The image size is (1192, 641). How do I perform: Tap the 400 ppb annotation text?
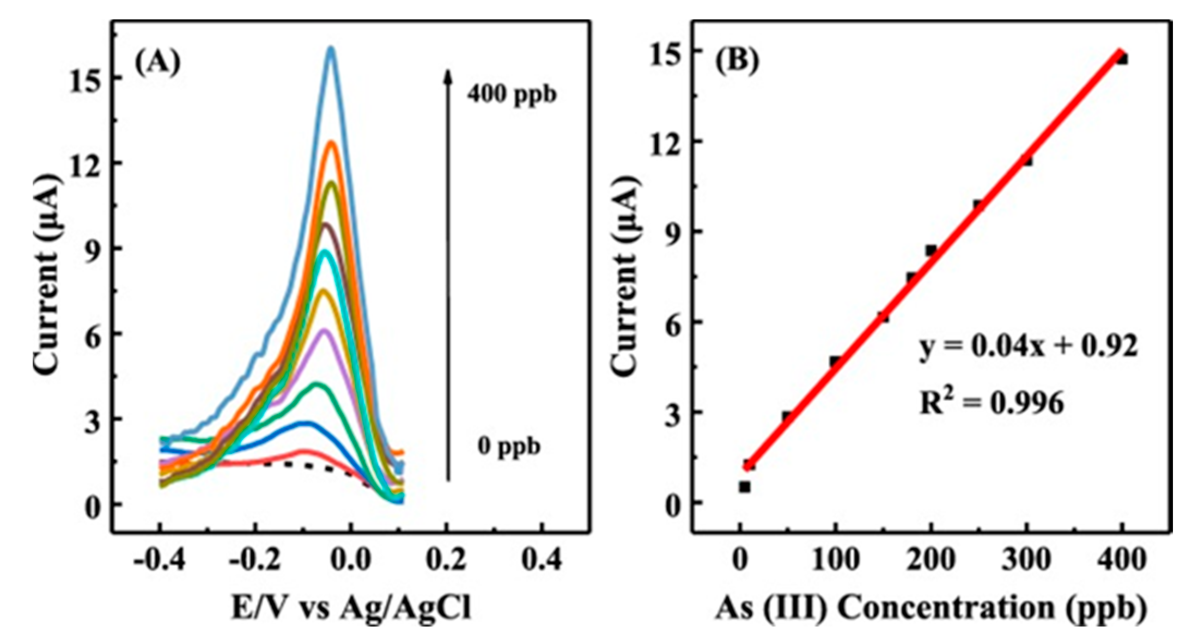point(512,95)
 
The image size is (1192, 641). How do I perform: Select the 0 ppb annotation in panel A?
point(509,447)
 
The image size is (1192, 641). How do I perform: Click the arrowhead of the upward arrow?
point(447,76)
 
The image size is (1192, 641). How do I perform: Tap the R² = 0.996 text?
point(992,404)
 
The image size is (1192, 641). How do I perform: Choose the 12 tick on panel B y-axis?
point(663,142)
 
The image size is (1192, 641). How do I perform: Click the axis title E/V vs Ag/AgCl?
point(351,608)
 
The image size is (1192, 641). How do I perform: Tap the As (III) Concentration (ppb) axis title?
point(931,608)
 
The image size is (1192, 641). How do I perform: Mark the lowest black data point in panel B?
point(745,486)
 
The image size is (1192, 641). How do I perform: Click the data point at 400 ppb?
point(1121,58)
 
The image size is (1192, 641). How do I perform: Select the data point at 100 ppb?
point(835,361)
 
